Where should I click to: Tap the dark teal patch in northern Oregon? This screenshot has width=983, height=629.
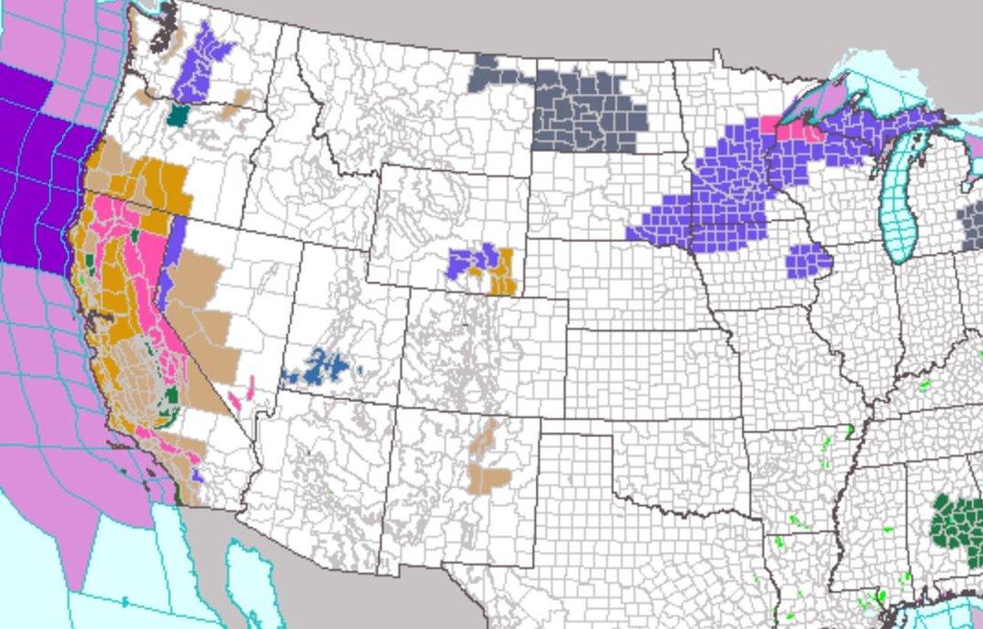click(179, 115)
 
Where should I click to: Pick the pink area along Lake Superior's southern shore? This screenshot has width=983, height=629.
click(793, 127)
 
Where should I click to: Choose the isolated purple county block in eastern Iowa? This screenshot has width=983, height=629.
click(808, 260)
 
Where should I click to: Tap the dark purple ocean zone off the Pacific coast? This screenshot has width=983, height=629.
click(36, 173)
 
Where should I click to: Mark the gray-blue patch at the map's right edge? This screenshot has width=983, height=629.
click(973, 222)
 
